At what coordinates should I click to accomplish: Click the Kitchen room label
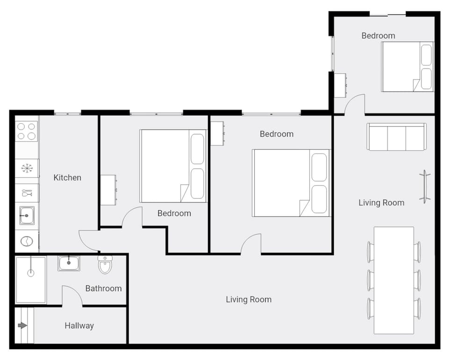pyautogui.click(x=67, y=177)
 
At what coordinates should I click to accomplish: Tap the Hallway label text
pyautogui.click(x=79, y=325)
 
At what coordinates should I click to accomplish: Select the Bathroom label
pyautogui.click(x=103, y=288)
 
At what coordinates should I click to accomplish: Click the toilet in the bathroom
pyautogui.click(x=105, y=264)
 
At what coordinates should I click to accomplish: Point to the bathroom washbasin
pyautogui.click(x=69, y=263)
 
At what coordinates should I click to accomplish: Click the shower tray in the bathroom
pyautogui.click(x=31, y=279)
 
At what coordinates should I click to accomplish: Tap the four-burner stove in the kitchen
pyautogui.click(x=27, y=131)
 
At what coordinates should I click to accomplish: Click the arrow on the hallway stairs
pyautogui.click(x=22, y=325)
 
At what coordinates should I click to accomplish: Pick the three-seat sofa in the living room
pyautogui.click(x=396, y=137)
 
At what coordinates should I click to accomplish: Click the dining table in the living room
pyautogui.click(x=394, y=280)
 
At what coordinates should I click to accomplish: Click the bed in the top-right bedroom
pyautogui.click(x=406, y=66)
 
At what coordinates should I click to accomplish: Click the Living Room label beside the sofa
pyautogui.click(x=381, y=203)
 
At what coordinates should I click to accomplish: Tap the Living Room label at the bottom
pyautogui.click(x=248, y=300)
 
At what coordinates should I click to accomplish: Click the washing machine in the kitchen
pyautogui.click(x=27, y=241)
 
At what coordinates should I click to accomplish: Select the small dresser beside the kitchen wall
pyautogui.click(x=109, y=190)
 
